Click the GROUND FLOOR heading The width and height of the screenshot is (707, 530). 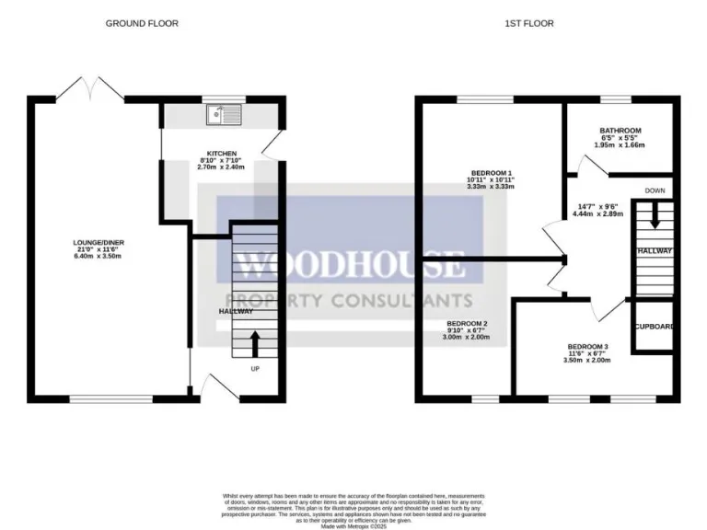141,23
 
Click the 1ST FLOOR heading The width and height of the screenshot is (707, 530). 528,23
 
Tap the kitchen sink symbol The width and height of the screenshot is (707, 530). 223,115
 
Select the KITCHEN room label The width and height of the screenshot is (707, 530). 221,154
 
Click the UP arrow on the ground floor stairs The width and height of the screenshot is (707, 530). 255,343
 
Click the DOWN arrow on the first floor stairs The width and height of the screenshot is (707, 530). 655,217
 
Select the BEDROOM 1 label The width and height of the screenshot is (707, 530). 491,172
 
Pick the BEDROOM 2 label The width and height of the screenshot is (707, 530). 467,324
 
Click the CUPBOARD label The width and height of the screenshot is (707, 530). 655,327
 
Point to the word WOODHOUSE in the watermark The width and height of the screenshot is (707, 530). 351,265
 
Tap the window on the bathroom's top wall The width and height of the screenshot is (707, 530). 614,99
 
